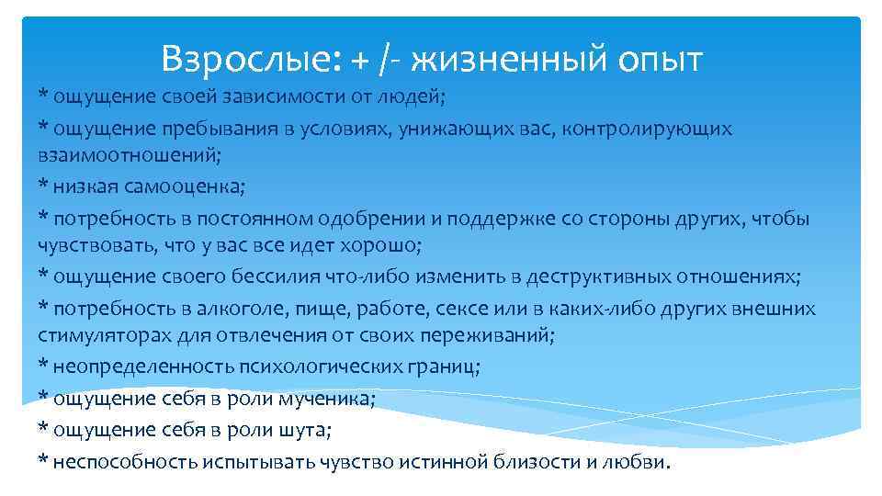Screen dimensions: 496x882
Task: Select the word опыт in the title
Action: tap(656, 60)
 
